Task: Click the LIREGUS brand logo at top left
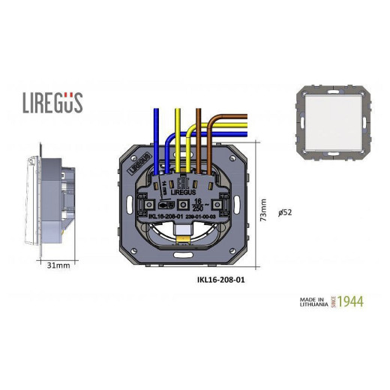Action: pos(52,102)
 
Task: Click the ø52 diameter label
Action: pos(284,212)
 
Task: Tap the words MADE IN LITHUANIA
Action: pos(313,301)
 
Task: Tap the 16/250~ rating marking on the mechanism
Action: pos(199,205)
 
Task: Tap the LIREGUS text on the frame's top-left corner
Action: pos(142,159)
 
